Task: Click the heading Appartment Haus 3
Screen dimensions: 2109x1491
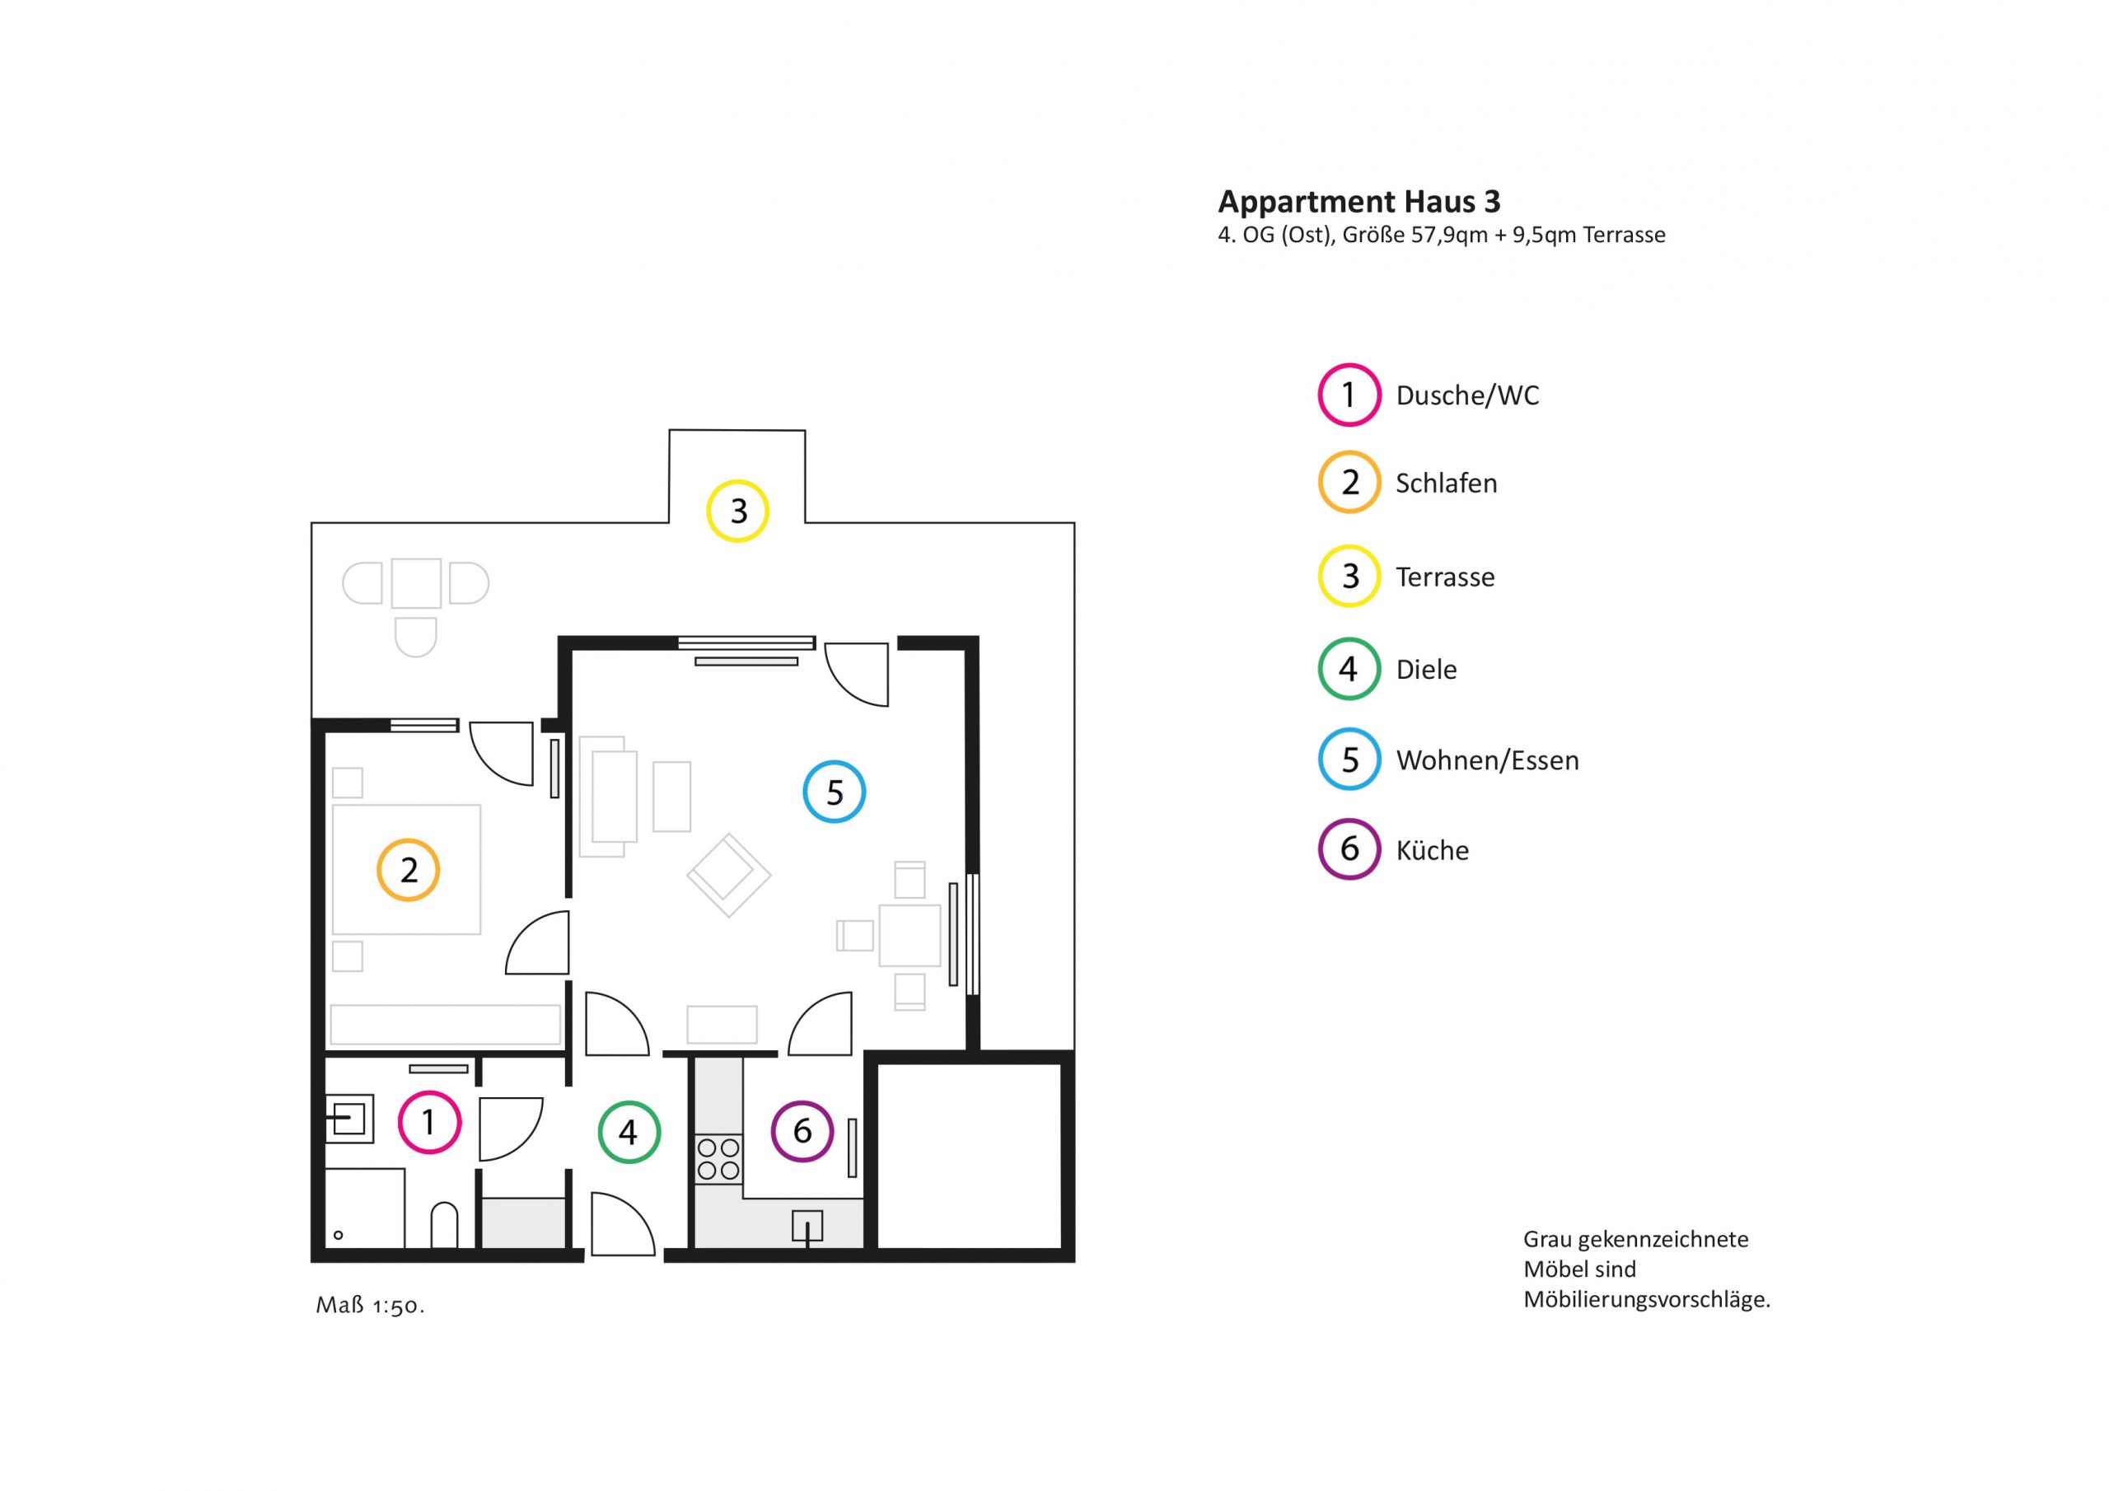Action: [x=1358, y=201]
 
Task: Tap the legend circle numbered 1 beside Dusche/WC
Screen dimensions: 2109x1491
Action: [x=1349, y=395]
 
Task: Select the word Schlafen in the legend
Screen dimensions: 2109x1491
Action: [x=1446, y=484]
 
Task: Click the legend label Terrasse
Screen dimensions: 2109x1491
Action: [x=1445, y=577]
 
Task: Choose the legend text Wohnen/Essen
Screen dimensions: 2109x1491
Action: [x=1487, y=760]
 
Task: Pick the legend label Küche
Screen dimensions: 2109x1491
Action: [x=1432, y=850]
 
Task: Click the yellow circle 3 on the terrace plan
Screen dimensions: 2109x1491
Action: [x=737, y=511]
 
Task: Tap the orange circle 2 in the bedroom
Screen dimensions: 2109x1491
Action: [x=409, y=870]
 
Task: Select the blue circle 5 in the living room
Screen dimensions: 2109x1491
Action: [x=834, y=792]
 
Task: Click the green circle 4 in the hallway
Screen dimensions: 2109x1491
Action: [x=629, y=1133]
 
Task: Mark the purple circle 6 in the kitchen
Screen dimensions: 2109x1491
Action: [x=802, y=1132]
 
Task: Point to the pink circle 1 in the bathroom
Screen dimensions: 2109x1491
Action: [x=429, y=1122]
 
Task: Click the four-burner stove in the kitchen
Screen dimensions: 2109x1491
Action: [x=718, y=1158]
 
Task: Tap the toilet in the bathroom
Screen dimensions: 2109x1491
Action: [x=445, y=1225]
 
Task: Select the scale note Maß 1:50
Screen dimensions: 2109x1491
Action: [x=370, y=1306]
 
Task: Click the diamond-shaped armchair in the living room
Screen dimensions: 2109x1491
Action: [x=728, y=875]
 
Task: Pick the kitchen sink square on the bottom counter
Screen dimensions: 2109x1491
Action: [x=807, y=1227]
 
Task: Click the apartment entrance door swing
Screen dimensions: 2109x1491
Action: [x=623, y=1223]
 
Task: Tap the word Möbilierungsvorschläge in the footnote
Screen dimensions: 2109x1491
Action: [x=1647, y=1300]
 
